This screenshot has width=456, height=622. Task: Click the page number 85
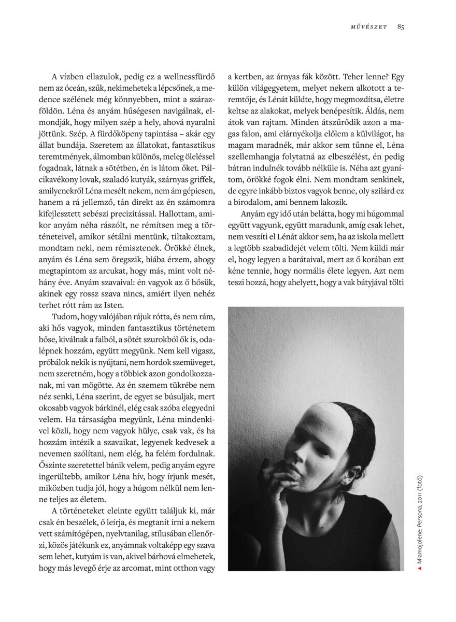(x=401, y=27)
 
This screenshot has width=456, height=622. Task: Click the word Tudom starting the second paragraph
(x=64, y=316)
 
